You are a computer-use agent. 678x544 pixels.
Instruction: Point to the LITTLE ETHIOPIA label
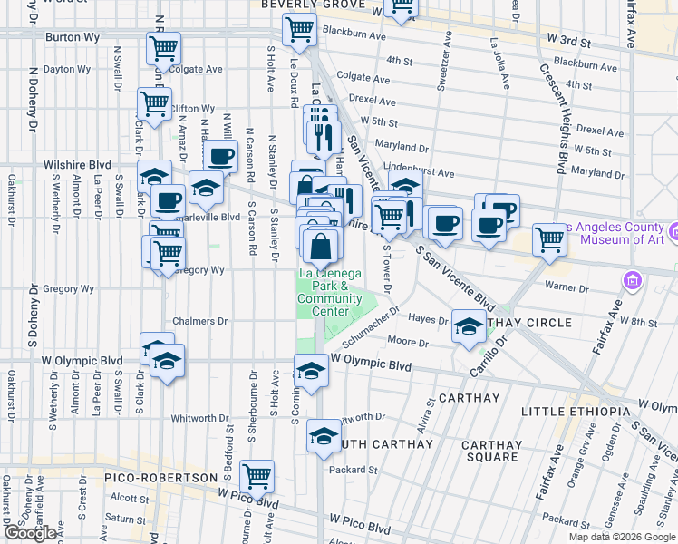575,412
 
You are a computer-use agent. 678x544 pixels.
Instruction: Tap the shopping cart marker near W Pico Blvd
257,474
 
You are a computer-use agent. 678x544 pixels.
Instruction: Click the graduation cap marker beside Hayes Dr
469,326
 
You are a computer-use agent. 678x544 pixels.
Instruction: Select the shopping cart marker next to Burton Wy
163,48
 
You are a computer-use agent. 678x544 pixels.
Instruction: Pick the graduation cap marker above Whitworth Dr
311,372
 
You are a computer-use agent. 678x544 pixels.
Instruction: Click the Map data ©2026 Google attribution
623,537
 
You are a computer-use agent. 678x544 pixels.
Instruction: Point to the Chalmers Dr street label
200,321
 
